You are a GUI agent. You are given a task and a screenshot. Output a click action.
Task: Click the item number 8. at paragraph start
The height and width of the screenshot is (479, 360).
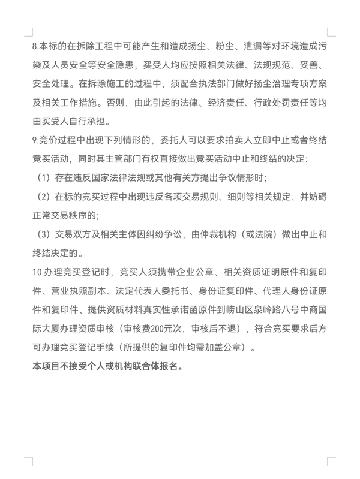pos(35,45)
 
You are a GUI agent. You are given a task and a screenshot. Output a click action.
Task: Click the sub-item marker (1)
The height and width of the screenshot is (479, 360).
pos(44,178)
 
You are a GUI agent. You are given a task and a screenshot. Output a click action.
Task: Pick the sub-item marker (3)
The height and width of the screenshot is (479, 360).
pos(44,234)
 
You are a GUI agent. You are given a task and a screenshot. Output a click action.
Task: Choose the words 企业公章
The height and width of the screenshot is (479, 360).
pos(187,272)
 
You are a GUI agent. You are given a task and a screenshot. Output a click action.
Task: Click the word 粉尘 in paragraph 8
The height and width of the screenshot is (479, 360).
pos(213,45)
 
